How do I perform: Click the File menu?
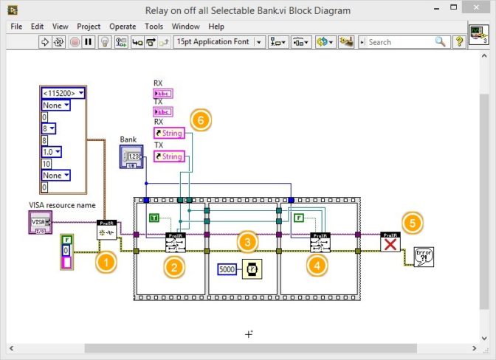[x=16, y=26]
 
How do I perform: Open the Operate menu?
[x=123, y=26]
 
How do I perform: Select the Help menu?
[x=216, y=26]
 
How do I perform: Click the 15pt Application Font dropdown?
[x=218, y=42]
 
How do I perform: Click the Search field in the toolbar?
[x=403, y=42]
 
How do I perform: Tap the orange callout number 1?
[x=108, y=260]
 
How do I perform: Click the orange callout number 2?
[x=174, y=267]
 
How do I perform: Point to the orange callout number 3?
[x=247, y=240]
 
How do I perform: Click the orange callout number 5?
[x=413, y=221]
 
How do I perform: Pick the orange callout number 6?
[x=200, y=119]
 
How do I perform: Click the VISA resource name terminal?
[x=40, y=222]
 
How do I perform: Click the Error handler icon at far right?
[x=424, y=256]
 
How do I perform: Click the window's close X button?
[x=479, y=10]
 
